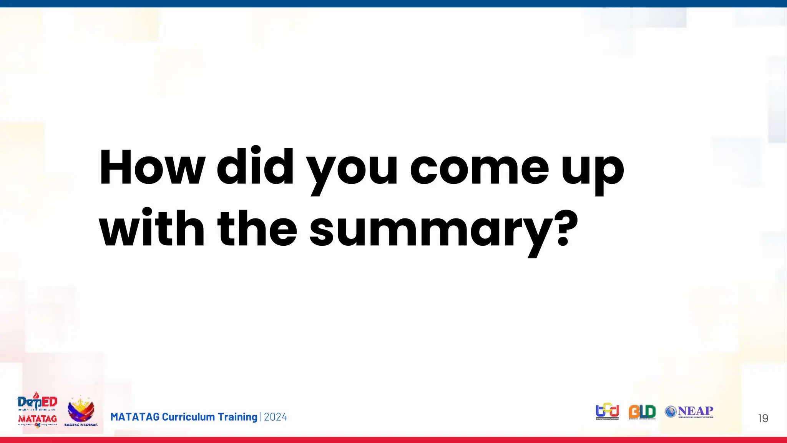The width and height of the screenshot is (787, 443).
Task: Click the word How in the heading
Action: coord(152,167)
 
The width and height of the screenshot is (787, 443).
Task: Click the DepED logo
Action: coord(38,402)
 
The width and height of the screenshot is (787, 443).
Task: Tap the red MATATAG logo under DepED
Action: coord(38,419)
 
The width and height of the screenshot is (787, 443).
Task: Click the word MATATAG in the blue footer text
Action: coord(134,417)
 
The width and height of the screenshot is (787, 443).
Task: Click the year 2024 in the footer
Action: coord(276,417)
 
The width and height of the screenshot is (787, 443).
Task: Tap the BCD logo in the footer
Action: coord(607,411)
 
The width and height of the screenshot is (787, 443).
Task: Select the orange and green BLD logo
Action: coord(642,412)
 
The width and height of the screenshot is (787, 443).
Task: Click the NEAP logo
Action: coord(690,411)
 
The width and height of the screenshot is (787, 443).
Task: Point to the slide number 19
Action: coord(763,418)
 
